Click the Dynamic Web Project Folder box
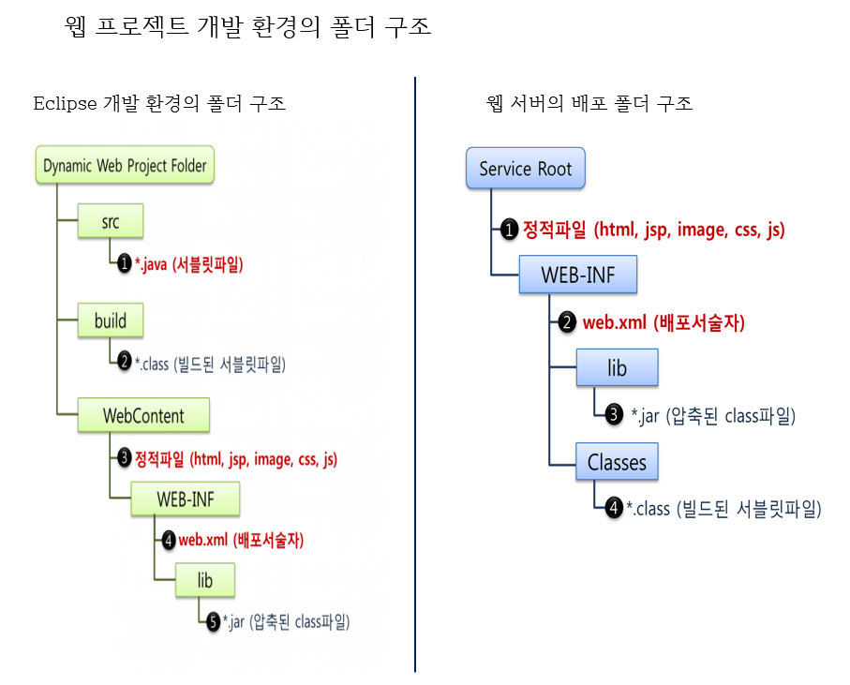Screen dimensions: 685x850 (125, 166)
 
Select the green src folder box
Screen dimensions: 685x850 (111, 220)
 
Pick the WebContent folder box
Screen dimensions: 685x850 (143, 414)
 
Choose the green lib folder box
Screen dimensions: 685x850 (204, 580)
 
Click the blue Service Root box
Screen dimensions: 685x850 (525, 169)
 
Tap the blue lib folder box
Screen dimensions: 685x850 (617, 368)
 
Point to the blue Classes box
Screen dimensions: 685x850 (617, 462)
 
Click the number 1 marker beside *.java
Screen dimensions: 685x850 (125, 264)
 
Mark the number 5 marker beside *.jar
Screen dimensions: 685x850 (213, 620)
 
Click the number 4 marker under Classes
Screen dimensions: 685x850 (614, 508)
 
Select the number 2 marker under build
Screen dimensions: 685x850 (125, 361)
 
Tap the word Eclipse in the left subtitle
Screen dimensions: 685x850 (65, 103)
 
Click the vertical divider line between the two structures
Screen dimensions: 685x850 (415, 375)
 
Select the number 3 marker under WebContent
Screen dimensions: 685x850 (125, 459)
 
